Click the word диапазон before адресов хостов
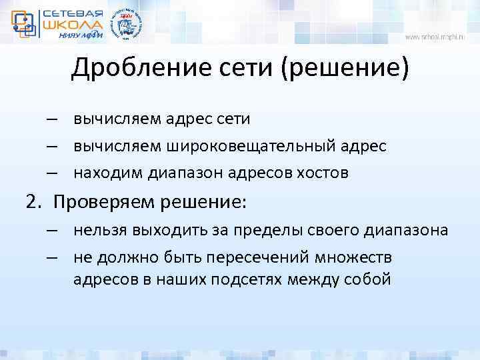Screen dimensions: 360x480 (185, 173)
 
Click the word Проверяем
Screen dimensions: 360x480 (101, 201)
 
